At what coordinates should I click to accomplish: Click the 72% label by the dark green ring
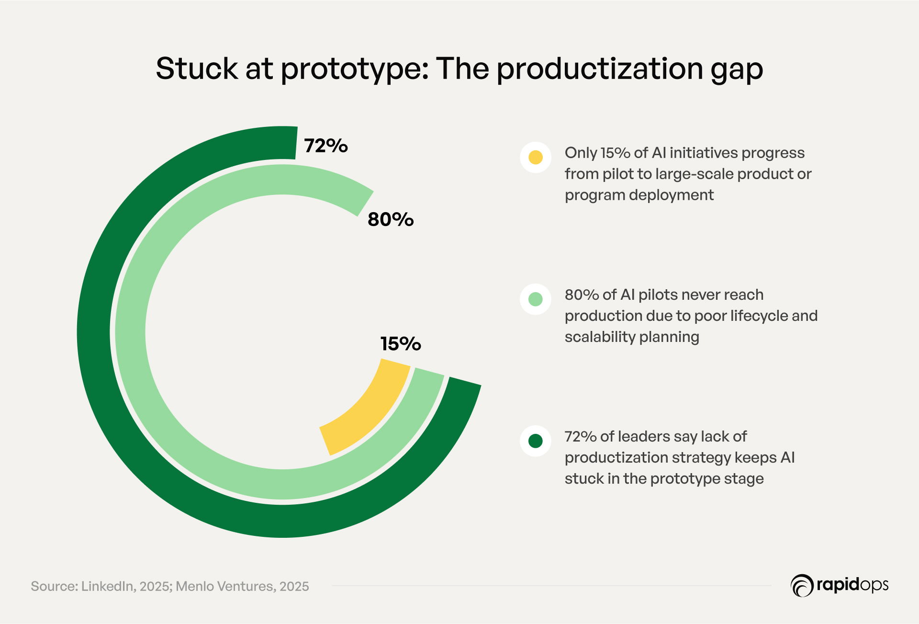325,146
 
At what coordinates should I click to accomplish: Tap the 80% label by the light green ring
390,219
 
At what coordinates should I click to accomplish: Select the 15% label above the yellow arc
400,344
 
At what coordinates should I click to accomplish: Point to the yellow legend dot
535,157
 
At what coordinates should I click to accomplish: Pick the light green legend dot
535,299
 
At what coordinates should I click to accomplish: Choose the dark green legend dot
535,441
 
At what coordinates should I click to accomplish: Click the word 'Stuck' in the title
197,68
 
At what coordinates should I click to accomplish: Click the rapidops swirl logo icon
802,585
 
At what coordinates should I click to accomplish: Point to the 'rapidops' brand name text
852,585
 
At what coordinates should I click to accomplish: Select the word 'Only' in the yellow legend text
580,153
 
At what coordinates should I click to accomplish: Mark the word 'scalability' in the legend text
600,337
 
